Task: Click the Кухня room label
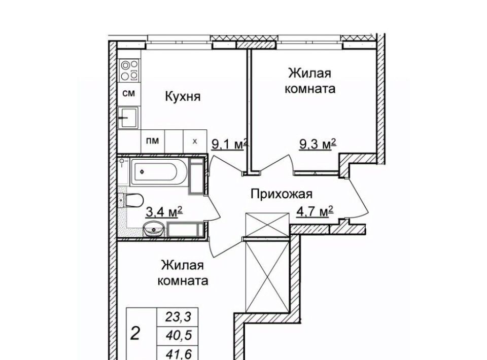coord(183,96)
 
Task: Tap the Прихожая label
coord(282,194)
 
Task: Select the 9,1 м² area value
coord(229,145)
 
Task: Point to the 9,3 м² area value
coord(318,144)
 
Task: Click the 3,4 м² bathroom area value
coord(164,212)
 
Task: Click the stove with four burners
coord(130,70)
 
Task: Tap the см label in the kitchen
coord(128,93)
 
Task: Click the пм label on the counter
coord(153,140)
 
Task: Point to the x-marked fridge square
coord(195,141)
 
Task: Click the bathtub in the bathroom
coord(158,172)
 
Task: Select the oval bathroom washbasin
coord(153,229)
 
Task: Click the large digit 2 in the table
coord(135,334)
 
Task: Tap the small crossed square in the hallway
coord(267,225)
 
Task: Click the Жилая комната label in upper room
coord(310,81)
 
